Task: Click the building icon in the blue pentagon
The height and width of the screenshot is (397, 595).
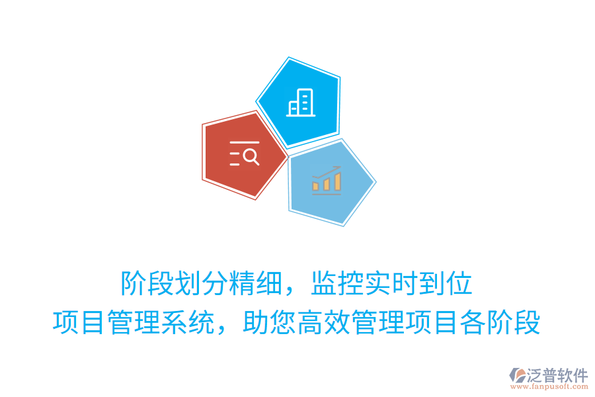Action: [x=299, y=103]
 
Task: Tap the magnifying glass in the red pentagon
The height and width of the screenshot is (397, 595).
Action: [x=251, y=156]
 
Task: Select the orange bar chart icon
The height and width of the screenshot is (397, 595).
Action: [x=327, y=180]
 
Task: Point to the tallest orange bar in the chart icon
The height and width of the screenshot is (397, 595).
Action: [x=337, y=181]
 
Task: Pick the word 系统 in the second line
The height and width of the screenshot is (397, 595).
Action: [x=188, y=324]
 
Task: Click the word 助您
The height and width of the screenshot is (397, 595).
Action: [x=270, y=324]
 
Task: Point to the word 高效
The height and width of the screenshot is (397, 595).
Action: [x=324, y=324]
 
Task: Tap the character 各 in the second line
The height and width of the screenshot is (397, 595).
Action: [x=473, y=324]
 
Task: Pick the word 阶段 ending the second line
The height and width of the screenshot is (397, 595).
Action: [x=514, y=324]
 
